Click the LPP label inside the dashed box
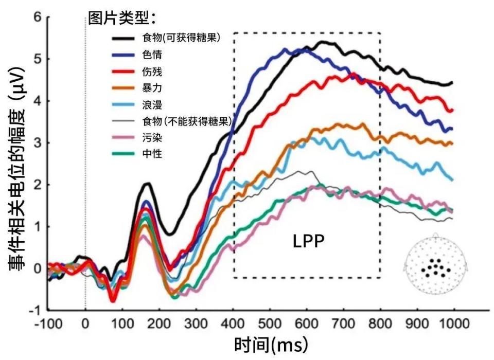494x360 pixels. [308, 241]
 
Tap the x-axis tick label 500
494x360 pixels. [270, 323]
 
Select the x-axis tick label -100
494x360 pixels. [48, 323]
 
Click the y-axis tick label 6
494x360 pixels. [38, 16]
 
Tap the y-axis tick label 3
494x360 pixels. [38, 142]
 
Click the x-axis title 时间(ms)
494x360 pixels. [271, 344]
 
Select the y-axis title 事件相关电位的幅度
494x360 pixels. [16, 169]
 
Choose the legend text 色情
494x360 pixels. [152, 55]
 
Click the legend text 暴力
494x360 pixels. [152, 87]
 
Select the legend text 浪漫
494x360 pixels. [152, 104]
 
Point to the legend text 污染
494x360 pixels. [152, 137]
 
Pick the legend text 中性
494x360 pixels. [152, 154]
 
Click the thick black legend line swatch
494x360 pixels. [123, 39]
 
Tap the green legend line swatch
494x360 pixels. [123, 154]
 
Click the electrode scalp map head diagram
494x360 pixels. [436, 264]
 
